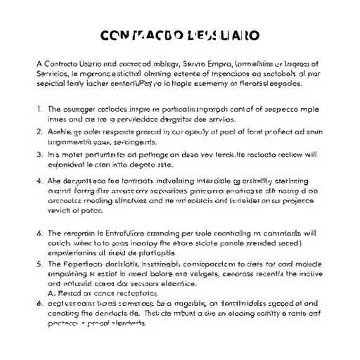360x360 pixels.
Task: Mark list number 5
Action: click(39, 264)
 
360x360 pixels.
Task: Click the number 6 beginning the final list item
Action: click(39, 303)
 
